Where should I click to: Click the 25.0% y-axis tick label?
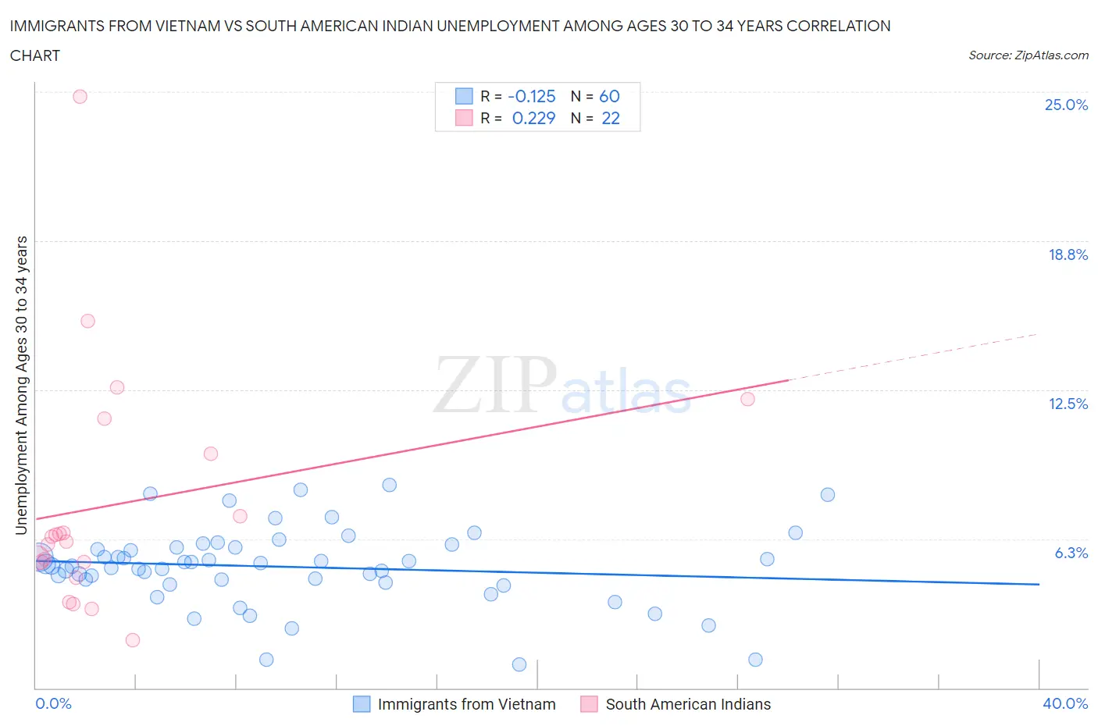[x=1066, y=105]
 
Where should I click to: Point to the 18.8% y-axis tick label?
[x=1068, y=254]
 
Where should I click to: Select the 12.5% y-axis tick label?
[x=1068, y=404]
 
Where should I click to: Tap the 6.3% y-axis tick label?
[x=1071, y=553]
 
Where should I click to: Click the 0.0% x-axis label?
[x=53, y=703]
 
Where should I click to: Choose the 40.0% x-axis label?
[x=1065, y=703]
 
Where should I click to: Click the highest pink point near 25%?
[x=80, y=97]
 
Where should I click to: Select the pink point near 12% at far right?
[x=747, y=399]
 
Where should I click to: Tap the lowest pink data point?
[x=133, y=640]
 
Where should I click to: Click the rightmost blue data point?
[x=828, y=495]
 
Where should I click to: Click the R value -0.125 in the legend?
[x=532, y=96]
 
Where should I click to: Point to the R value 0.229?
[x=533, y=118]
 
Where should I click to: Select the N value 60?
[x=609, y=96]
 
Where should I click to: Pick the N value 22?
[x=610, y=118]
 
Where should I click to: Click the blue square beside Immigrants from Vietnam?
[x=362, y=704]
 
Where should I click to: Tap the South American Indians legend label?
[x=688, y=704]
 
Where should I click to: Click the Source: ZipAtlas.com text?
[x=1028, y=55]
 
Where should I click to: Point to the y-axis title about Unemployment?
[x=22, y=385]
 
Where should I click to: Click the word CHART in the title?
[x=35, y=55]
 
